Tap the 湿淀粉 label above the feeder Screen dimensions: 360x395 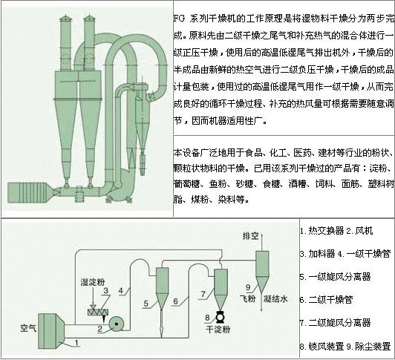coord(91,283)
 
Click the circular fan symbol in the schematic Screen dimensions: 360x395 coord(116,324)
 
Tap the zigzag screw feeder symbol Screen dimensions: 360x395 coord(100,311)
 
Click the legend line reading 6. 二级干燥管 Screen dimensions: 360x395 coord(330,299)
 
